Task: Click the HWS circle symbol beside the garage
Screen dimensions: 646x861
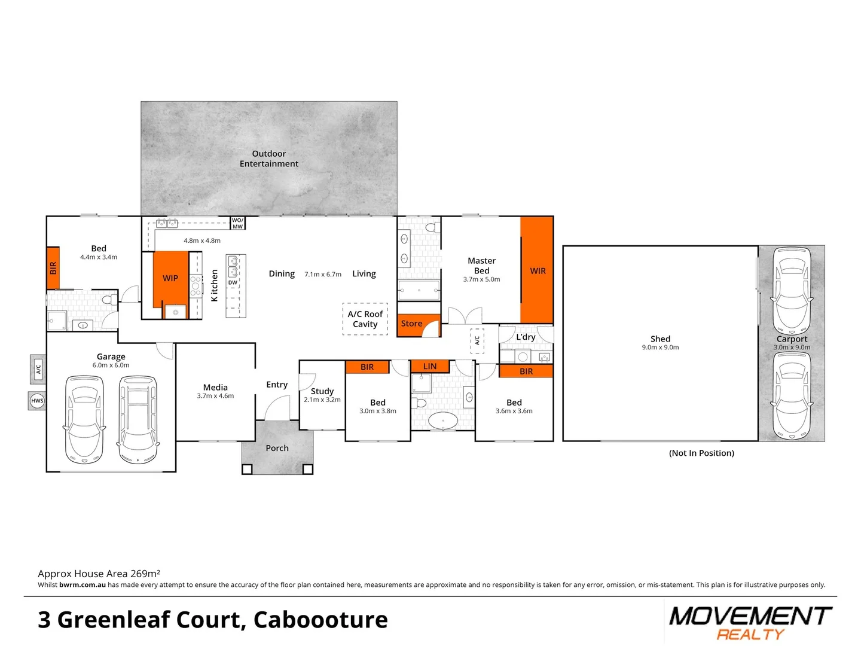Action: (37, 401)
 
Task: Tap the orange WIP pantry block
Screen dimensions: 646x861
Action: (170, 278)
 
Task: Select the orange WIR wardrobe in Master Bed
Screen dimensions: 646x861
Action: (537, 270)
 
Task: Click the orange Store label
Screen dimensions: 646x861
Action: (411, 324)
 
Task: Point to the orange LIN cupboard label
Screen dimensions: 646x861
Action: (429, 366)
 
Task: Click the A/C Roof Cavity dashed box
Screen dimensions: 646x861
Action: (365, 319)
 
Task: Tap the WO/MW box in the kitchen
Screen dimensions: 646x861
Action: (237, 223)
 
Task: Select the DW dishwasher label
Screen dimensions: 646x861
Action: (233, 283)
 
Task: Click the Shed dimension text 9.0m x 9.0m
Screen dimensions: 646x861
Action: (660, 348)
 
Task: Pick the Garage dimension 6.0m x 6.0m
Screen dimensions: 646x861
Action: (111, 365)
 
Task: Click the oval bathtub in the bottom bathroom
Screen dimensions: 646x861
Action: (443, 420)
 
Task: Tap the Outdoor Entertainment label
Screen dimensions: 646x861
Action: (268, 159)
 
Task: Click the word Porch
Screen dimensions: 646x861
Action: (277, 448)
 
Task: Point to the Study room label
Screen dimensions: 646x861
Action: (322, 391)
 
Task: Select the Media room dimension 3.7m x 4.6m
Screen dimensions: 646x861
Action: (215, 396)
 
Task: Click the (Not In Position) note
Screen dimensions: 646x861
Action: (701, 453)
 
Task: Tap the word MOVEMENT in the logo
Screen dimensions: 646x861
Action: (750, 615)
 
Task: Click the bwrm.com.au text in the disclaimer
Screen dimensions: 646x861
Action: (83, 585)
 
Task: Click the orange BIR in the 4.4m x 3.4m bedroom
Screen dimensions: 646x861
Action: (53, 267)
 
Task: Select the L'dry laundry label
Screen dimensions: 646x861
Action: (526, 337)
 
